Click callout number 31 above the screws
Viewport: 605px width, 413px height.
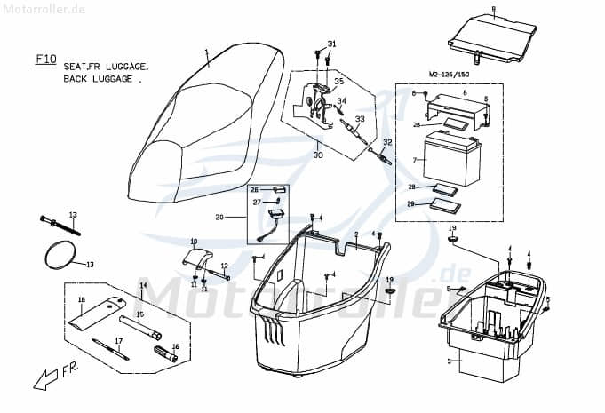coord(331,44)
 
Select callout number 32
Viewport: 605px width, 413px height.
coord(387,142)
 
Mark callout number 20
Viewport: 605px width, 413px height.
coord(219,217)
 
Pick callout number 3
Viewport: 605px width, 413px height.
coord(450,362)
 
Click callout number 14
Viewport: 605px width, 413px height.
coord(143,285)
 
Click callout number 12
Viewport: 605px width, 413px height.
coord(225,266)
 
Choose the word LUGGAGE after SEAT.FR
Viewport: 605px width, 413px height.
coord(125,67)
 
